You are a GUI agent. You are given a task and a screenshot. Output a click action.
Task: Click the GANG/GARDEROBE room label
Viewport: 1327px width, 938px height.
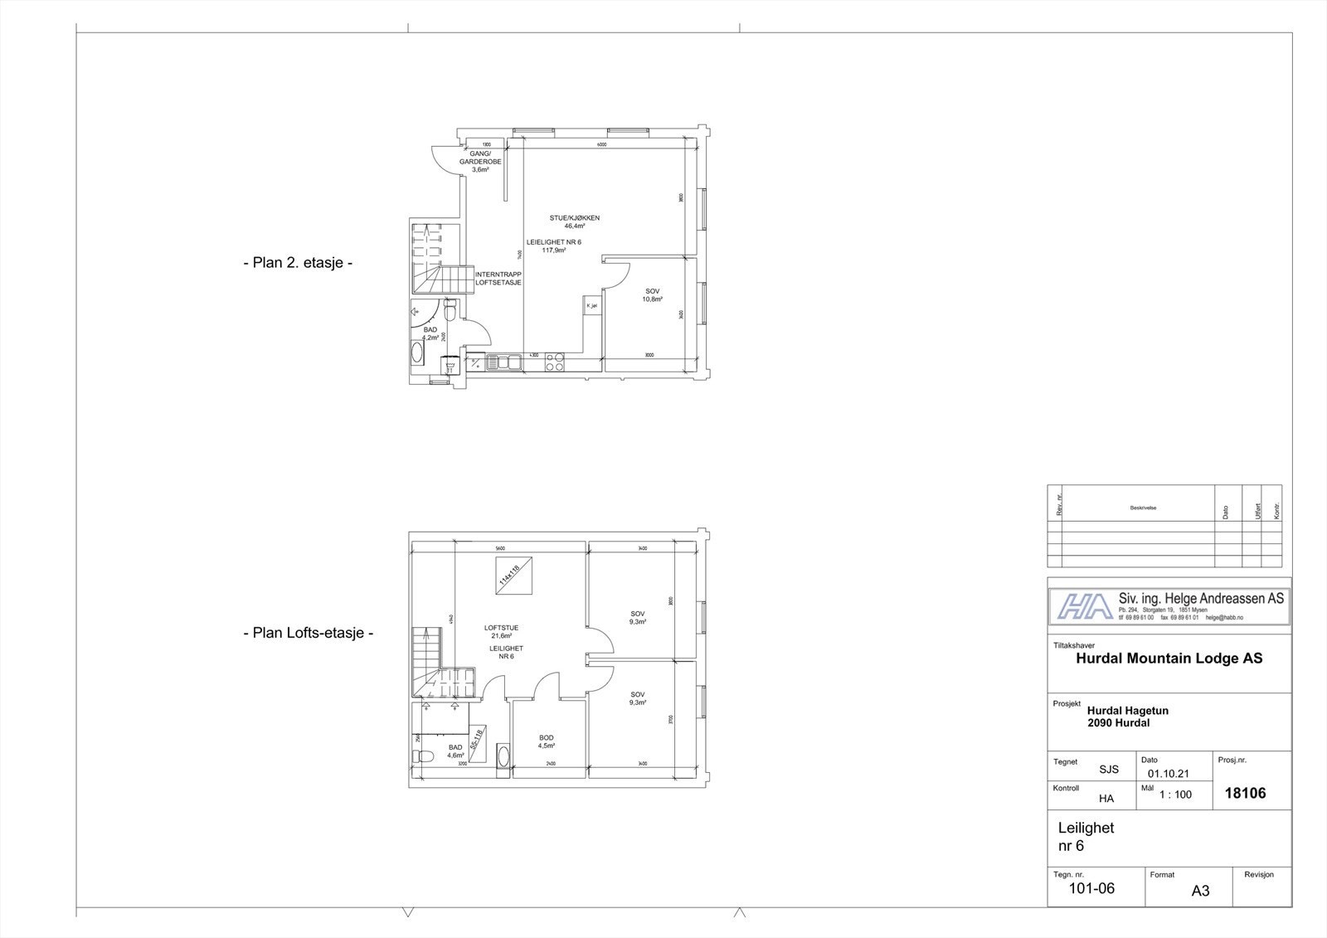pyautogui.click(x=480, y=162)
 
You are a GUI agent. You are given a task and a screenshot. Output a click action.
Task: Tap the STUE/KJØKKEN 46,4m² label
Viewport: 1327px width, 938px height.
pyautogui.click(x=574, y=221)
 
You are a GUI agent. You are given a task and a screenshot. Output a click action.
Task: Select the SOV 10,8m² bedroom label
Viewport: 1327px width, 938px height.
pyautogui.click(x=653, y=294)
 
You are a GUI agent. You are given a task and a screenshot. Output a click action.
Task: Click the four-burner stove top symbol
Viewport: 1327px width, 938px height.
pyautogui.click(x=554, y=362)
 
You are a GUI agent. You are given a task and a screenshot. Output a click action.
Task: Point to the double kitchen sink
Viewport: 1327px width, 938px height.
pyautogui.click(x=504, y=362)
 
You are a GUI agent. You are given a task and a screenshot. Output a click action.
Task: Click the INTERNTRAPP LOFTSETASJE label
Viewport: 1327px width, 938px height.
pyautogui.click(x=498, y=278)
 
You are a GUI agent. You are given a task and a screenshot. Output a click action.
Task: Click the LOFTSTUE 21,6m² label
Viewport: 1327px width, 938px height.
pyautogui.click(x=501, y=631)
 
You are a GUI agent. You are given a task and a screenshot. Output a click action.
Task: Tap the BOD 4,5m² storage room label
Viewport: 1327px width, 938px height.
pyautogui.click(x=546, y=741)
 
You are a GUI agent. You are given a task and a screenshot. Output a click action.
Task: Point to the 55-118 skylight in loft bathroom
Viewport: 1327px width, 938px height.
pyautogui.click(x=476, y=738)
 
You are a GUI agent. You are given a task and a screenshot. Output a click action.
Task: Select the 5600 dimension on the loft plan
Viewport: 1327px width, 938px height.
pyautogui.click(x=499, y=548)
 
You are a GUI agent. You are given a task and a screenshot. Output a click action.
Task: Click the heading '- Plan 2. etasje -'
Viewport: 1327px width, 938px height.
pyautogui.click(x=298, y=264)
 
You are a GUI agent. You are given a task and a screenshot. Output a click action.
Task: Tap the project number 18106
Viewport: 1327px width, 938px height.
pyautogui.click(x=1245, y=793)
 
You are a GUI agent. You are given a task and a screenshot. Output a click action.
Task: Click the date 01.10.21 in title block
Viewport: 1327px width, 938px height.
pyautogui.click(x=1169, y=774)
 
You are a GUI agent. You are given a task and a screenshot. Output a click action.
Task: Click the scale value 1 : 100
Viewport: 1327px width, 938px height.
pyautogui.click(x=1175, y=795)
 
